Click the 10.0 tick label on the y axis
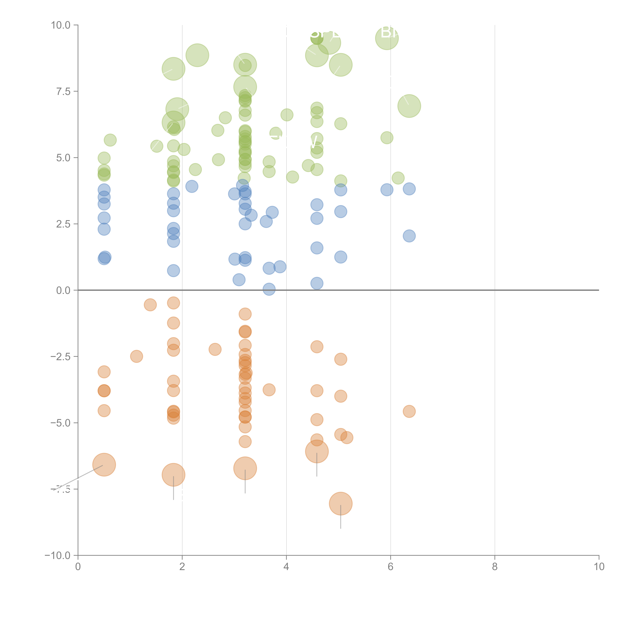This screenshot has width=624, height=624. point(61,25)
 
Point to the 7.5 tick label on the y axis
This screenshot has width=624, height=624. point(63,91)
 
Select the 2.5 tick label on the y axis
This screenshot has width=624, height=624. point(63,224)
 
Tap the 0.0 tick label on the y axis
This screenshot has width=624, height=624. point(63,290)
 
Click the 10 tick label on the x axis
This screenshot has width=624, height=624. point(599,567)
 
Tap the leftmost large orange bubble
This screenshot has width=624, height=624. point(104,465)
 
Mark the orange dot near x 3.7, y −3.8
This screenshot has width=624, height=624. point(269,390)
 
